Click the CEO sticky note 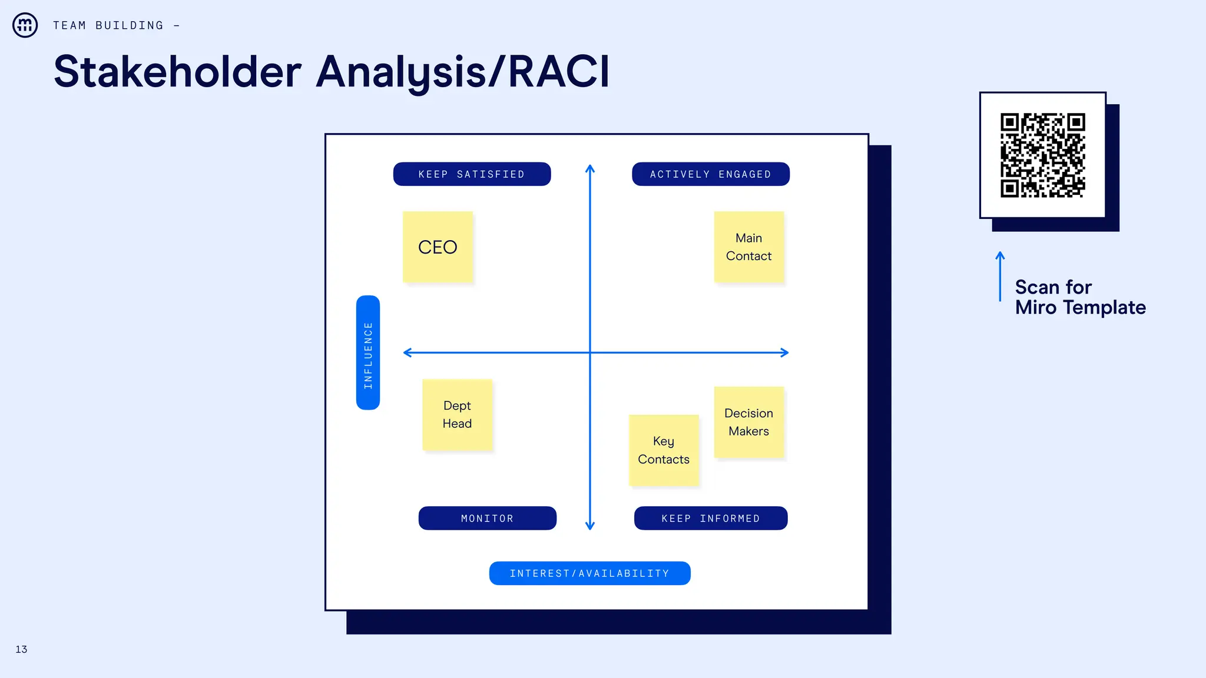[438, 247]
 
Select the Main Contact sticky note [748, 247]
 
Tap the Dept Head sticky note [457, 414]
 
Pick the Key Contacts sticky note [664, 450]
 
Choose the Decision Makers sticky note [748, 421]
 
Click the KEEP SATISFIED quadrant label [472, 174]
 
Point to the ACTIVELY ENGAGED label [710, 174]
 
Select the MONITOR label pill [487, 518]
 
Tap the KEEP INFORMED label [710, 518]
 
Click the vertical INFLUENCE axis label [368, 353]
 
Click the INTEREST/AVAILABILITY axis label [589, 573]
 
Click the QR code [1042, 155]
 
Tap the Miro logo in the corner [25, 25]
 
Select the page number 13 [21, 649]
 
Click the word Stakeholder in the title [177, 72]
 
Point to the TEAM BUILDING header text [108, 25]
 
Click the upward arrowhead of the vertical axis [590, 168]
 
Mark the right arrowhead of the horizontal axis [785, 353]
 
